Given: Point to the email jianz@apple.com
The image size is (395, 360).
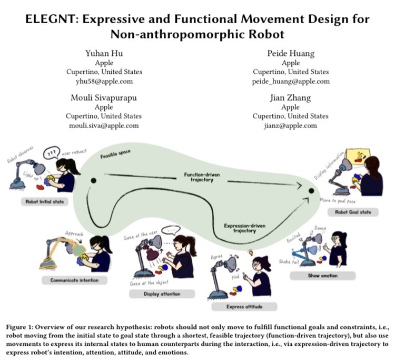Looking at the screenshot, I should pyautogui.click(x=291, y=125).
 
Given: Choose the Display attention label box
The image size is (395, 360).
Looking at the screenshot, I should pyautogui.click(x=162, y=294).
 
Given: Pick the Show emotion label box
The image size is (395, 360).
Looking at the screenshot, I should pyautogui.click(x=322, y=275).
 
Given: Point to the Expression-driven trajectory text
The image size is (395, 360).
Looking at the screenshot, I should pyautogui.click(x=243, y=227).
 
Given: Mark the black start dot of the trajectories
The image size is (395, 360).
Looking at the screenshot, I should pyautogui.click(x=93, y=181).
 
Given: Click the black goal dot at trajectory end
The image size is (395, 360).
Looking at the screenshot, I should pyautogui.click(x=311, y=190).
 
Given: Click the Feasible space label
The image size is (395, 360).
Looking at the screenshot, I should pyautogui.click(x=116, y=156).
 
